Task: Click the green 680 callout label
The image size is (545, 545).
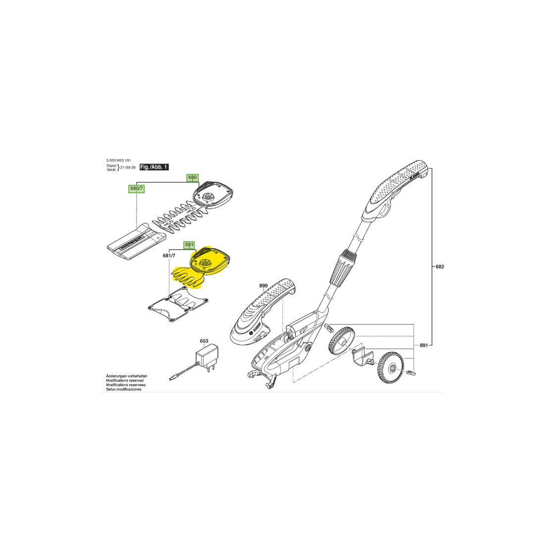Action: (192, 177)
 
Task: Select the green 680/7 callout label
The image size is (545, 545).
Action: (136, 189)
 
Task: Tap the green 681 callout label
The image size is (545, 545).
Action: (189, 245)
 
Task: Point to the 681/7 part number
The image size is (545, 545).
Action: (169, 256)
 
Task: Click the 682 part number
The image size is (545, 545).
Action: (439, 267)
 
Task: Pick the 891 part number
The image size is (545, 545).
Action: (424, 345)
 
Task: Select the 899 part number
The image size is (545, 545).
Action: (264, 286)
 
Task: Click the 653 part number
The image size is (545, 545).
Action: (204, 341)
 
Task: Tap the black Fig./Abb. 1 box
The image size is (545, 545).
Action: (154, 167)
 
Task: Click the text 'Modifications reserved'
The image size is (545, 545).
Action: (125, 381)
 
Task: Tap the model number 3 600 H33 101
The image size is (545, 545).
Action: (118, 161)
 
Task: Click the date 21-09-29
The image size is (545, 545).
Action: (127, 167)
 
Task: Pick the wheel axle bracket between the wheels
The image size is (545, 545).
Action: (363, 356)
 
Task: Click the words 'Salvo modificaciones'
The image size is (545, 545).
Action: (124, 389)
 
